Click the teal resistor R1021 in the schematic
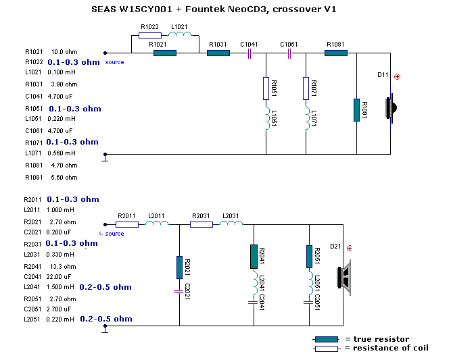tap(164, 52)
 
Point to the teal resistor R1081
tap(335, 52)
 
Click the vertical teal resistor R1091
tap(356, 109)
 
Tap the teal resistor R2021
tap(179, 267)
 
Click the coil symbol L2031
tap(231, 224)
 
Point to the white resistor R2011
tap(127, 224)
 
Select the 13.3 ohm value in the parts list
tap(60, 266)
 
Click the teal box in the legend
tap(325, 339)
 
